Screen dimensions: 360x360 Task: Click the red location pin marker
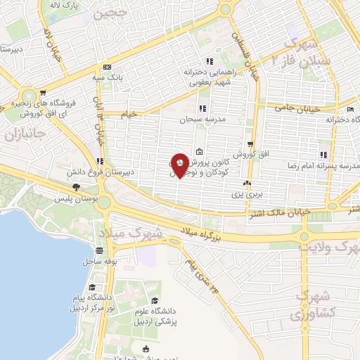[x=181, y=165]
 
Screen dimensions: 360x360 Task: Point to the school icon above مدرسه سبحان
[x=202, y=109]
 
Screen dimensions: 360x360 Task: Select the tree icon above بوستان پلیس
[x=75, y=187]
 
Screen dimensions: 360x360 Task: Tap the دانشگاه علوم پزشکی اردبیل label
[x=169, y=307]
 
